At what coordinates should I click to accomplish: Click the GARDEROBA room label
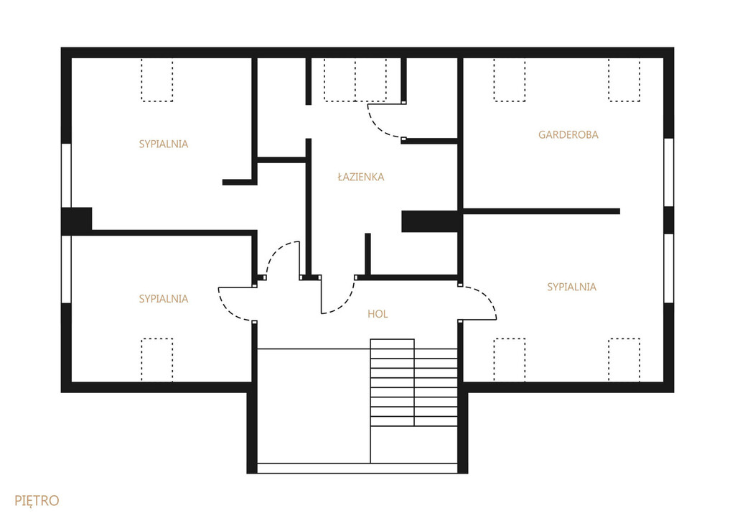[x=568, y=134]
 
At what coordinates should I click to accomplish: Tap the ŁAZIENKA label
[x=360, y=177]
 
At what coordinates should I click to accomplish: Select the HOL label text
[x=378, y=314]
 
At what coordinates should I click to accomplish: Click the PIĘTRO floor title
[x=37, y=501]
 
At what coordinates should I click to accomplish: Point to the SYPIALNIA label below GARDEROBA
[x=571, y=287]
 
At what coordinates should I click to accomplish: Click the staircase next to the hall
[x=413, y=382]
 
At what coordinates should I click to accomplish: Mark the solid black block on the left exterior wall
[x=77, y=218]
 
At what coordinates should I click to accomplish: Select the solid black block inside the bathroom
[x=430, y=221]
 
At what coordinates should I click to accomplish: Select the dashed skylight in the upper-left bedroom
[x=157, y=80]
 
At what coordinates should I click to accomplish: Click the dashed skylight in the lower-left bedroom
[x=157, y=359]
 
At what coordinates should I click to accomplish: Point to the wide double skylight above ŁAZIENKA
[x=355, y=80]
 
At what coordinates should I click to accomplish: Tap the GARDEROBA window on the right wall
[x=669, y=172]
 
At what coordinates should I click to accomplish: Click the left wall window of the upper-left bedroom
[x=66, y=175]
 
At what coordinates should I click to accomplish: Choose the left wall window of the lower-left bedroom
[x=66, y=269]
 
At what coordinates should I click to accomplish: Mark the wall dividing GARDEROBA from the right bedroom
[x=541, y=212]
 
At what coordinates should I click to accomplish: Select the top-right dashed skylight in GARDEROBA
[x=624, y=80]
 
